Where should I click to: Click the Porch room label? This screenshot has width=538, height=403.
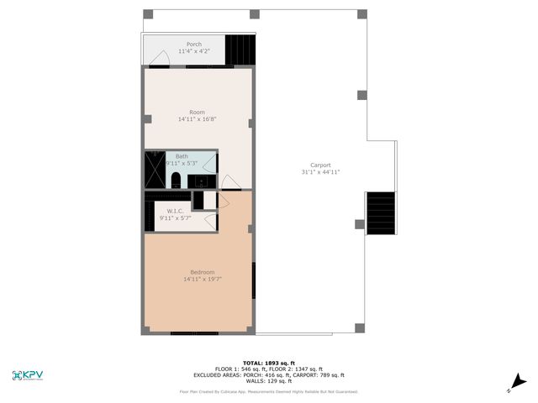(194, 44)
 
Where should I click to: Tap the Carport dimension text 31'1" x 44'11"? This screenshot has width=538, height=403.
(320, 172)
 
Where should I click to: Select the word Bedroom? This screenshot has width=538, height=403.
(203, 271)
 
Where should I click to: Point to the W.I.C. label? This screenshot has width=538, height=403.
(176, 211)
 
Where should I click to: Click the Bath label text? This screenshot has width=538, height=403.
(182, 155)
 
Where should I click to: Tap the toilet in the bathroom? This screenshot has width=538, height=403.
(177, 181)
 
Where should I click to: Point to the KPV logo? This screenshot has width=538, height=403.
(30, 375)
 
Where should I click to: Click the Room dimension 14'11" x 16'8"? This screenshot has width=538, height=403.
(198, 119)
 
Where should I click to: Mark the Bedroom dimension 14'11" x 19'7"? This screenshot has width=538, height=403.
(203, 279)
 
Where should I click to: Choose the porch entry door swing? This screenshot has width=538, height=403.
(162, 58)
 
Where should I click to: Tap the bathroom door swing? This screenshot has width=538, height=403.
(228, 181)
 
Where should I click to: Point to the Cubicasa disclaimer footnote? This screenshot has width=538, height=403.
(268, 391)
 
